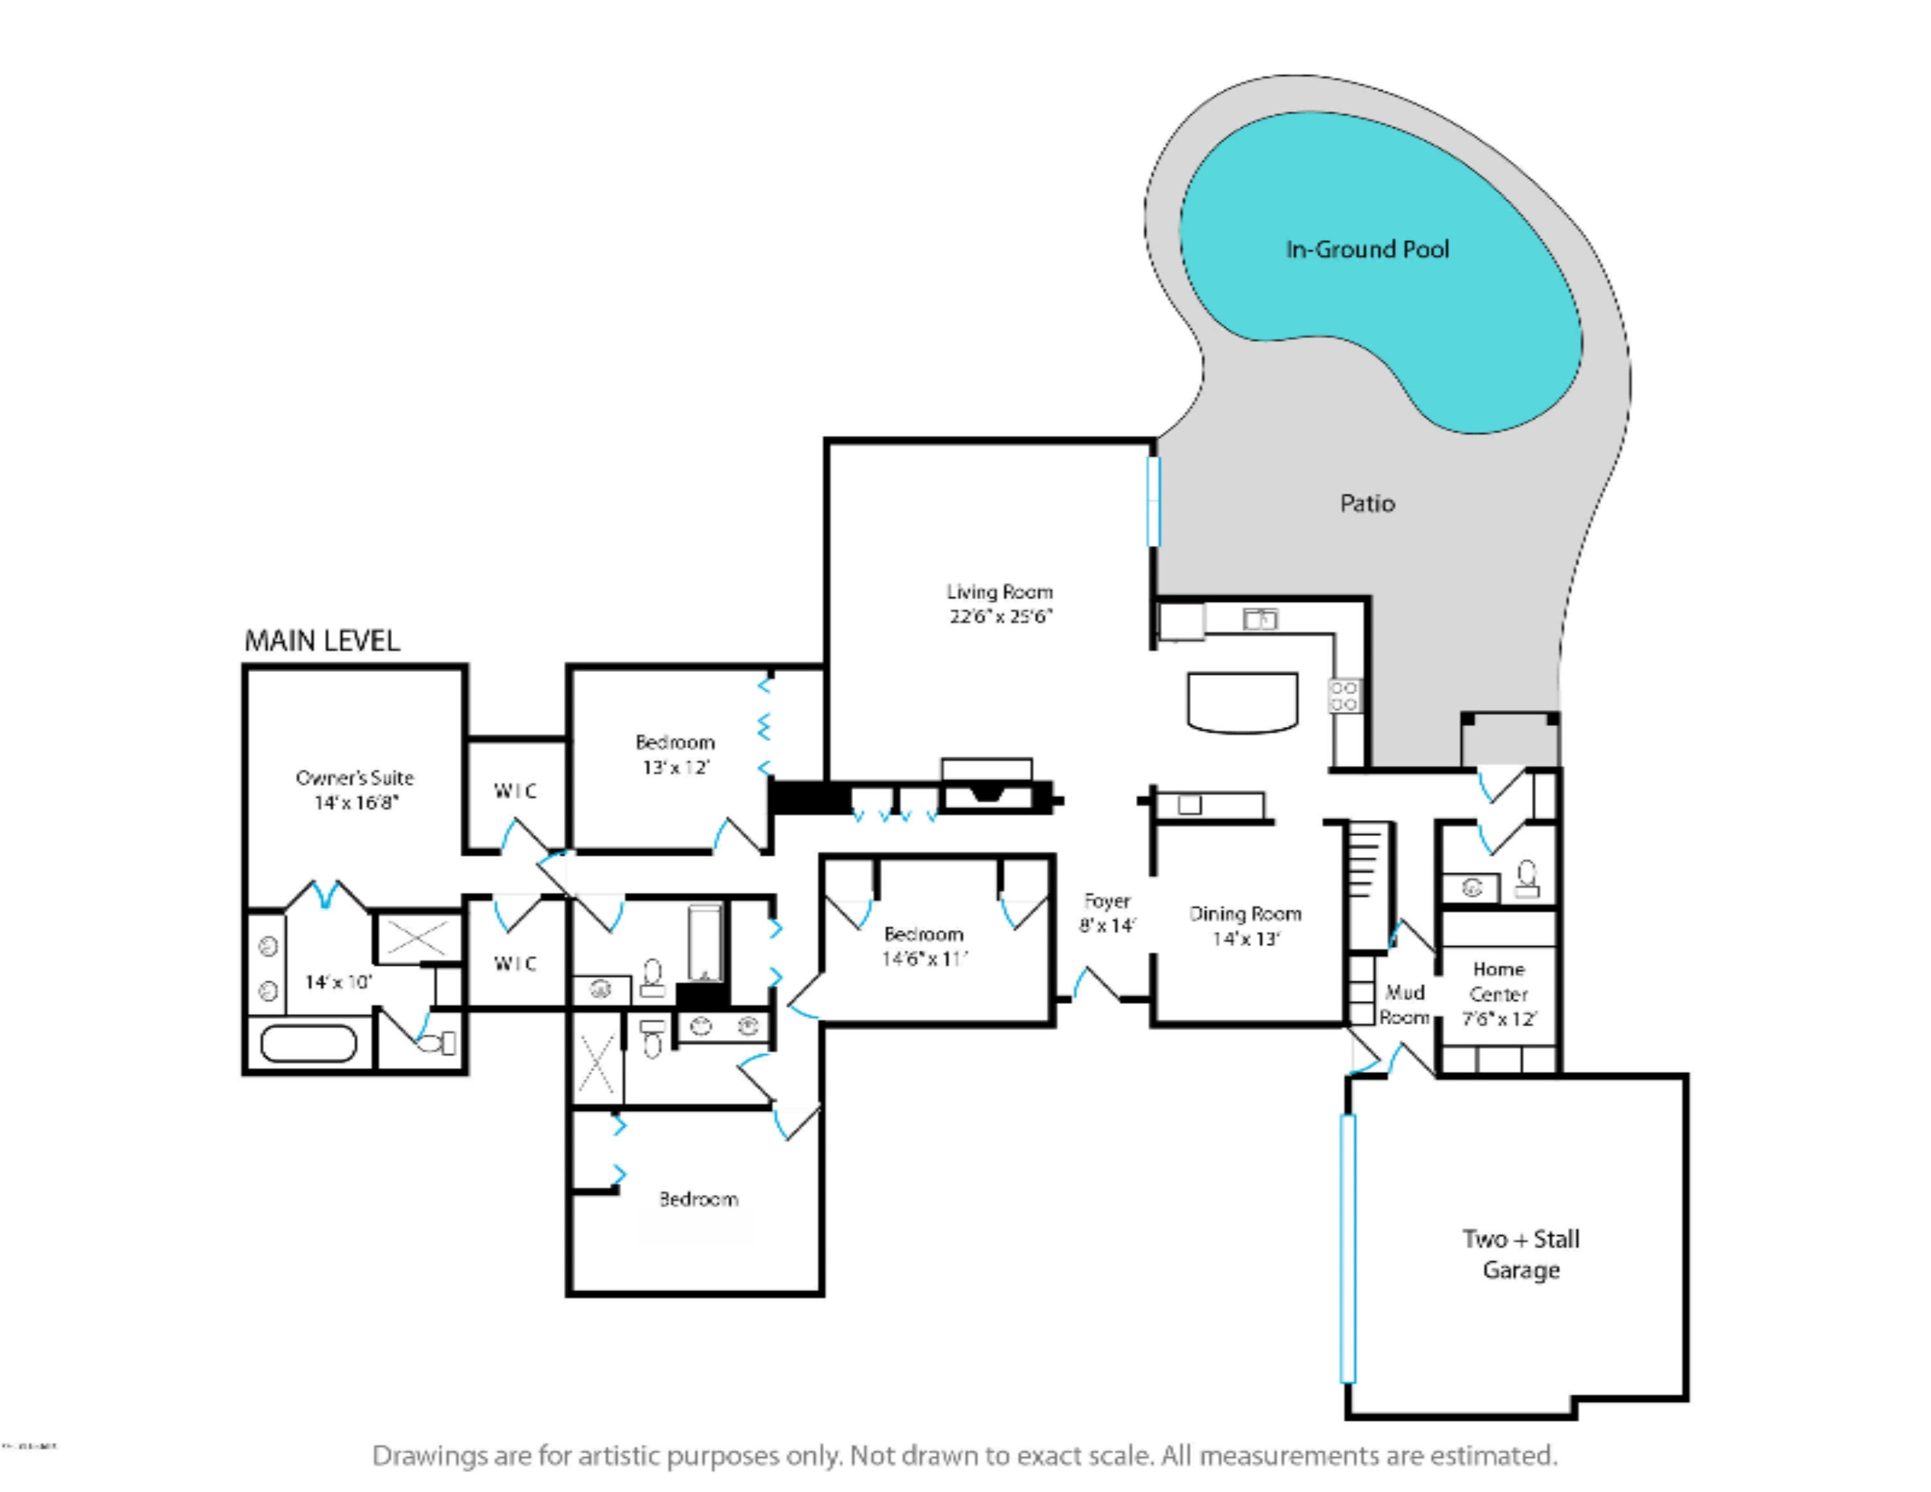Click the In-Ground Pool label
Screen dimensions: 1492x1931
(1367, 249)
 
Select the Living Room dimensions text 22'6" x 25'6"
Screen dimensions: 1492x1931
(1000, 616)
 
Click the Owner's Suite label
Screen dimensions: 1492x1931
(355, 778)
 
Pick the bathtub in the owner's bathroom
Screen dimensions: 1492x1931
(308, 1044)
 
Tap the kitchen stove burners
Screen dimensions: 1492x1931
(1344, 696)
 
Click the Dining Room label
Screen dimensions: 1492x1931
(1245, 914)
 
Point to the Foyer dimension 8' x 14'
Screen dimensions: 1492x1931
(1107, 926)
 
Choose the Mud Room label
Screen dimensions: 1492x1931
(1404, 1005)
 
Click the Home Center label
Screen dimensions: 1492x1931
(1498, 981)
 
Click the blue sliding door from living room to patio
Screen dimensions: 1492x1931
(1153, 500)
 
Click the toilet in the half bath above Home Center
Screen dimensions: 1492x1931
(1527, 879)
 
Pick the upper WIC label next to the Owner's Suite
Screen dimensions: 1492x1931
(516, 790)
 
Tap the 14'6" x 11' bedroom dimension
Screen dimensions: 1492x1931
(924, 958)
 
